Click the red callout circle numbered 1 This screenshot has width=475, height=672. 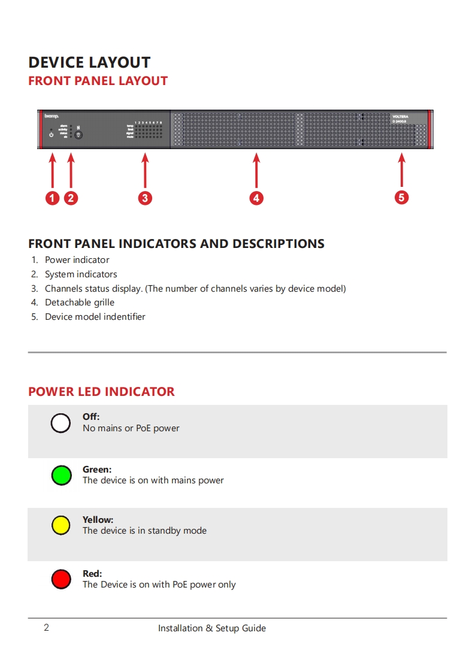coord(53,198)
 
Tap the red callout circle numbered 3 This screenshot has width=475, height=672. coord(145,198)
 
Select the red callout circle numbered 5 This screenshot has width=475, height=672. coord(401,197)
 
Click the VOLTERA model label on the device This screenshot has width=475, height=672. coord(400,116)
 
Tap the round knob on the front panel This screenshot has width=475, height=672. coord(78,135)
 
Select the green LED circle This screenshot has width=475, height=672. coord(61,476)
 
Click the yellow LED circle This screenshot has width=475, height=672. coord(61,525)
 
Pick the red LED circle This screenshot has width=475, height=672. coord(61,579)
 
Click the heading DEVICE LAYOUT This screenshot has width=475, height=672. coord(89,62)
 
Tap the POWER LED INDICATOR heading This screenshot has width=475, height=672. coord(101,392)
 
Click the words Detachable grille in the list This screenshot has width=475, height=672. coord(80,302)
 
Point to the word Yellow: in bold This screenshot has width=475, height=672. coord(98,520)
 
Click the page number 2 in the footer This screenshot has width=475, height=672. coord(46,628)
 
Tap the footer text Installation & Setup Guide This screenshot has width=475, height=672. coord(212,628)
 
